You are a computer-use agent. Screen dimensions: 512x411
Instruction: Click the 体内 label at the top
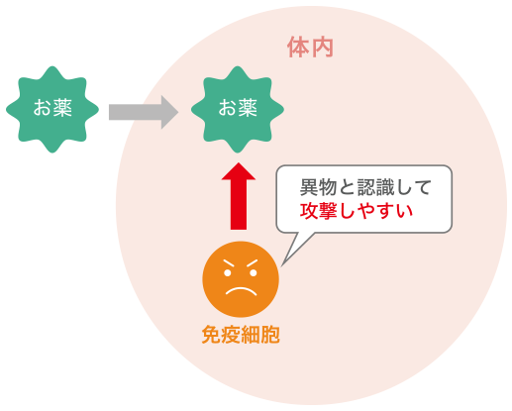point(310,48)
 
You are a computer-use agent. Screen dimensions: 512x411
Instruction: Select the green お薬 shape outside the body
point(52,109)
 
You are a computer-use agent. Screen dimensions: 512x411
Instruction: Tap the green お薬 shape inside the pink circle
point(238,109)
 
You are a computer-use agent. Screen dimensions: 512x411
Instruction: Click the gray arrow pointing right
point(144,112)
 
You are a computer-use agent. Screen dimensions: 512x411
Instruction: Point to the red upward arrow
point(239,196)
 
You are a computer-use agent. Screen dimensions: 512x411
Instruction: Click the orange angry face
point(241,279)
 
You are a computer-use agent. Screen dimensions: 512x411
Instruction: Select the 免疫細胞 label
point(241,335)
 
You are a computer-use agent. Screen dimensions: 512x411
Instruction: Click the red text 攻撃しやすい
point(357,211)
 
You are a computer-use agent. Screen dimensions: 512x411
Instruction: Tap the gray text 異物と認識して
point(365,187)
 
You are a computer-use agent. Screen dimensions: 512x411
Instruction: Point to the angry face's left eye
point(228,273)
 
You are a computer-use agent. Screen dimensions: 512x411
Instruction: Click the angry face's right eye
point(254,273)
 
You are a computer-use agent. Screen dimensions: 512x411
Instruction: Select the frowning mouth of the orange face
point(241,291)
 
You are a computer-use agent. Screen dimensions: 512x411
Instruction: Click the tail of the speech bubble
point(295,247)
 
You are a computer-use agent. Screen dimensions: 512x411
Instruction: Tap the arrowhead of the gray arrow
point(169,112)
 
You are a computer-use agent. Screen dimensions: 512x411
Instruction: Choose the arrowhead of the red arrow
point(239,171)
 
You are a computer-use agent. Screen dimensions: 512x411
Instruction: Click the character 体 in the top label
point(298,48)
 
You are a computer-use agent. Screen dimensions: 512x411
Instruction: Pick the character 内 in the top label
point(323,48)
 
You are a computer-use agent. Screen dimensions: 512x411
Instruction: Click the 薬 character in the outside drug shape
point(62,108)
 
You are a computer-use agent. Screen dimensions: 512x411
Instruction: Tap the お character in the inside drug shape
point(228,108)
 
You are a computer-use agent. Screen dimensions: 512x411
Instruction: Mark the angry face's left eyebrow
point(229,263)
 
